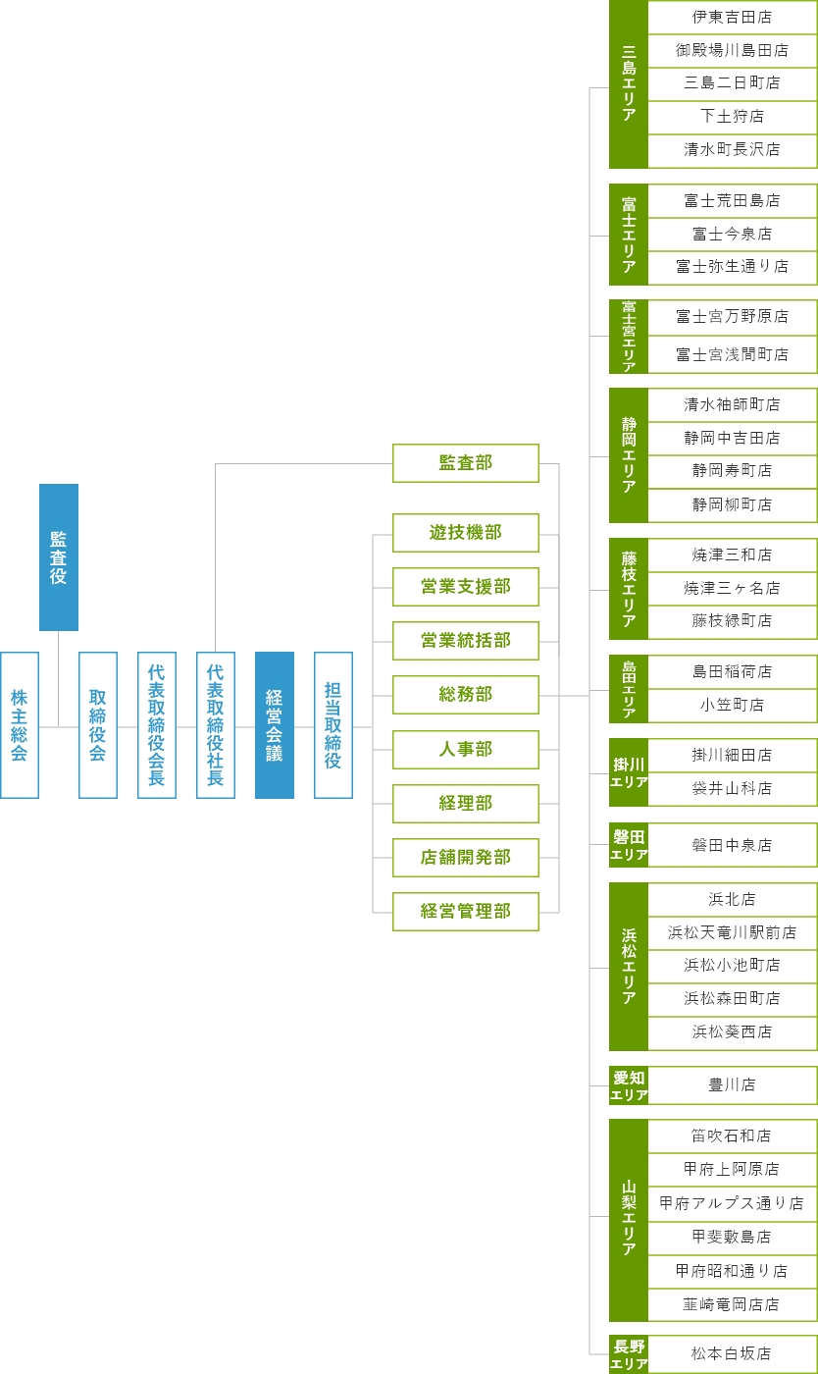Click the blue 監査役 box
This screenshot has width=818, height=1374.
pyautogui.click(x=59, y=556)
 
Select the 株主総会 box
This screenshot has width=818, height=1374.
pyautogui.click(x=20, y=725)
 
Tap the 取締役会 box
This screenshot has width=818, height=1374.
pyautogui.click(x=98, y=725)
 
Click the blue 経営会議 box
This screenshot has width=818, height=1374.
pyautogui.click(x=275, y=725)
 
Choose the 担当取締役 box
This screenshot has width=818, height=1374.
pyautogui.click(x=333, y=725)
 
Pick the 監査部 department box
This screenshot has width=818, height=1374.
pyautogui.click(x=466, y=463)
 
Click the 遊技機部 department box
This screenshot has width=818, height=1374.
pyautogui.click(x=466, y=533)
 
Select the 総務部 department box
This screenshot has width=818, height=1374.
pyautogui.click(x=466, y=695)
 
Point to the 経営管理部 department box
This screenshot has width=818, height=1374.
pyautogui.click(x=466, y=911)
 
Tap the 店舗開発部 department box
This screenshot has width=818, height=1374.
pyautogui.click(x=466, y=857)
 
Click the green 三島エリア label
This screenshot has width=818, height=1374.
pyautogui.click(x=629, y=83)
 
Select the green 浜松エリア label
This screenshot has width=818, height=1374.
pyautogui.click(x=629, y=967)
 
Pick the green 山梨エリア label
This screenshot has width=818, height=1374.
pyautogui.click(x=629, y=1219)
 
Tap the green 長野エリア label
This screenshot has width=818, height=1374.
pyautogui.click(x=629, y=1354)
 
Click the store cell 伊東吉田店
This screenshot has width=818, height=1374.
pyautogui.click(x=732, y=17)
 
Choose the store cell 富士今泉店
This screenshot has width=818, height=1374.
pyautogui.click(x=732, y=234)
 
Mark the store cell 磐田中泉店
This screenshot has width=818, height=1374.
pyautogui.click(x=732, y=845)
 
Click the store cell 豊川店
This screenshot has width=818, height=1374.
pyautogui.click(x=732, y=1085)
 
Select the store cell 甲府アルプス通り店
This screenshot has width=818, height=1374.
pyautogui.click(x=732, y=1202)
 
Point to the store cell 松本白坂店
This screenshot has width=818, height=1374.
pyautogui.click(x=732, y=1353)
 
